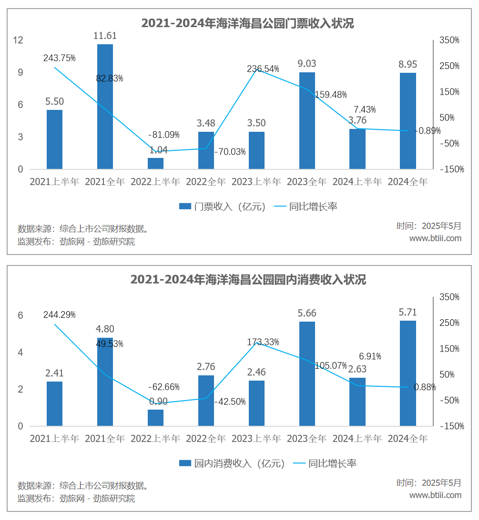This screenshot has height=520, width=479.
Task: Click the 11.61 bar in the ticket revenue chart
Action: coord(105,106)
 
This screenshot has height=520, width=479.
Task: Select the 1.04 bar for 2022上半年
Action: coord(155,163)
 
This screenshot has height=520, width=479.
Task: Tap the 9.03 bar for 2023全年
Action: coord(307,120)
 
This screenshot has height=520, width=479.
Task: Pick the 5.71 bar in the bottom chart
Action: coord(408,373)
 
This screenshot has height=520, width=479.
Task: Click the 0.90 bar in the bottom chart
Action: coord(155,417)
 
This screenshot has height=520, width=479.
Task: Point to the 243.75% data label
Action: coord(60,58)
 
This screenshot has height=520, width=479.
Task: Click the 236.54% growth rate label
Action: coord(263,69)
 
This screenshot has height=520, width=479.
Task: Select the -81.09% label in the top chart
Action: coord(164,135)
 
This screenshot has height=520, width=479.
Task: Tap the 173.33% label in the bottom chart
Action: coord(263,342)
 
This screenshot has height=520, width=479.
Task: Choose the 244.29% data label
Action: coord(60,314)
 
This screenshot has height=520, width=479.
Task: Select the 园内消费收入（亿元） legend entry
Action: coord(232,463)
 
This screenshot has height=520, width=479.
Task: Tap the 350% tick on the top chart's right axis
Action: coord(449,40)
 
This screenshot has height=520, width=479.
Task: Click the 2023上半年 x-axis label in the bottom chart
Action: coord(256,438)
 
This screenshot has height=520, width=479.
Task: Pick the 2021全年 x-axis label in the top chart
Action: coord(105,182)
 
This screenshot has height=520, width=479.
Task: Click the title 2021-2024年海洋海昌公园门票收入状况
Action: coord(248,23)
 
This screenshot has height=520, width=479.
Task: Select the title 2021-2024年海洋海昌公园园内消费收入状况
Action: coord(248,280)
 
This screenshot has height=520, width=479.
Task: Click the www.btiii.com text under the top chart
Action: coord(435,238)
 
